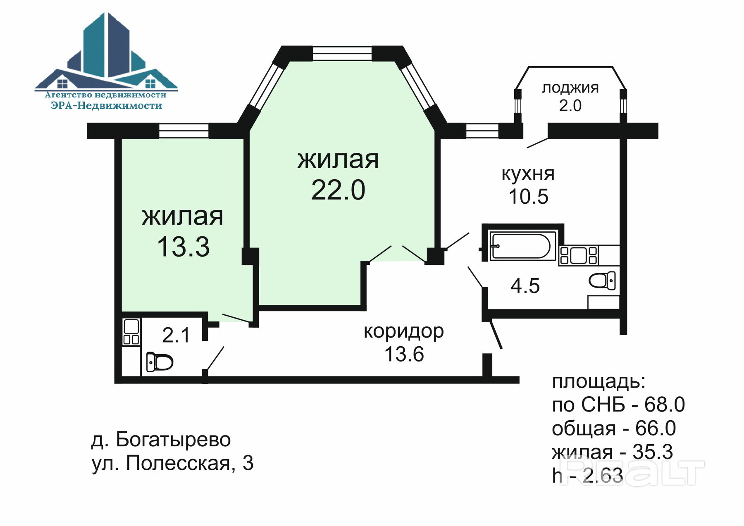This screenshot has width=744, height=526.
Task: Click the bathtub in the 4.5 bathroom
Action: pos(522,247)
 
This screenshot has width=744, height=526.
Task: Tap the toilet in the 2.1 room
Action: pos(160,362)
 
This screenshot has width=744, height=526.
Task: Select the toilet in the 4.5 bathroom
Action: pos(602,281)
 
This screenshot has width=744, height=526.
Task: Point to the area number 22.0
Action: pos(338,190)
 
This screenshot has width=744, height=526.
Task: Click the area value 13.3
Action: pos(183,247)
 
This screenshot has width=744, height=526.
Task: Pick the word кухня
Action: pos(528,174)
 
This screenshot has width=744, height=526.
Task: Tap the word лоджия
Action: pos(570,88)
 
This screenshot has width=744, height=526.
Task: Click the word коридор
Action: pos(403,331)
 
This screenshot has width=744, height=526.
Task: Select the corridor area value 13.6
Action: pos(404,354)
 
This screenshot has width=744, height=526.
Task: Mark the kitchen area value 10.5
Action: pos(528,197)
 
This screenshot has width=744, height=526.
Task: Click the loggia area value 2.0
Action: pos(570,106)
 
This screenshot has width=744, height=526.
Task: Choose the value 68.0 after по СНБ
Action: pos(664,405)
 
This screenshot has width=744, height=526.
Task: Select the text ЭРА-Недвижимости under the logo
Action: pos(106,106)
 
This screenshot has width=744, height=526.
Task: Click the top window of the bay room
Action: pos(342,54)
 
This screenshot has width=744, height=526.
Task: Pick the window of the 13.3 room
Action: pos(184,131)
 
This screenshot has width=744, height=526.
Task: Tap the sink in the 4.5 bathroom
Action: pos(578,255)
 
